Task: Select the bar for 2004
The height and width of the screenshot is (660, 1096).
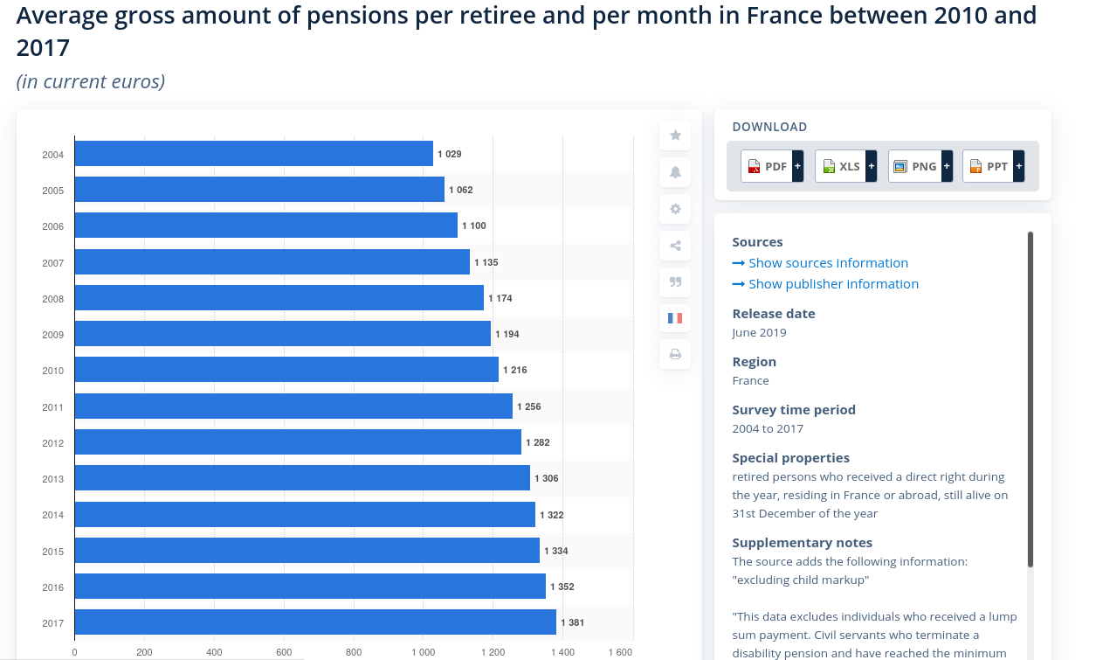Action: point(253,154)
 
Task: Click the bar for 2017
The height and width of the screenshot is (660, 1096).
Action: point(314,622)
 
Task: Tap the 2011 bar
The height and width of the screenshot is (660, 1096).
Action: point(293,406)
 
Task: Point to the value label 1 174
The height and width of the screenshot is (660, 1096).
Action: point(500,299)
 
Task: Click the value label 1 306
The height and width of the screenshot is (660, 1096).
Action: point(547,479)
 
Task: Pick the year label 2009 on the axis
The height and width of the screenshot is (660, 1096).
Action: point(52,335)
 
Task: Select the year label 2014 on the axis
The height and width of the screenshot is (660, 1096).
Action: point(52,515)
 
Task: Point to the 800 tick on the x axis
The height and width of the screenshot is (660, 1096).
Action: point(354,652)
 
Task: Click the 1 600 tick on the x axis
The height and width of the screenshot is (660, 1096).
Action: point(620,652)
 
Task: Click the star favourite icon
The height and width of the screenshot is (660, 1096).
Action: point(675,135)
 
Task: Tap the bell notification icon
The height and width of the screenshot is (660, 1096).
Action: point(675,172)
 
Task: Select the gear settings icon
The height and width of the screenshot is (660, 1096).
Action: point(675,209)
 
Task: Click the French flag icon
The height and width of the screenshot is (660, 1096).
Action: point(675,318)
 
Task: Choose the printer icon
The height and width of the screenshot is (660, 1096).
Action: point(675,355)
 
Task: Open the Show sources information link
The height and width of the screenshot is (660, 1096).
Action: point(827,263)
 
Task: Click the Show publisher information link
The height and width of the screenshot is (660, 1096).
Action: point(832,284)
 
